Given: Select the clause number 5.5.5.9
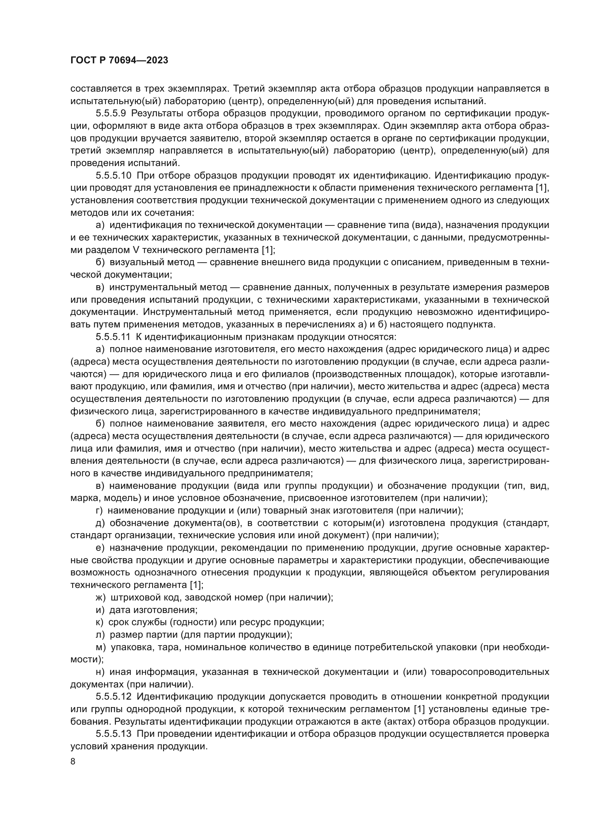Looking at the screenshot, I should click(111, 114).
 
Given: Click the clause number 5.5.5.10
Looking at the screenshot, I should click(113, 176).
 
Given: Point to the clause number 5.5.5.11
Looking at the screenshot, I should click(113, 337).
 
